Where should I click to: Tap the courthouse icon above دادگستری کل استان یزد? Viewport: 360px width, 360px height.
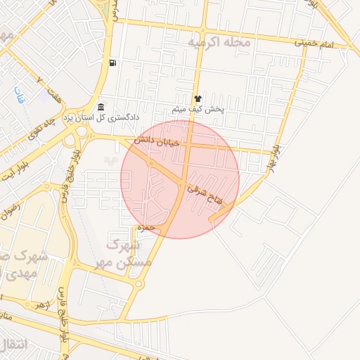(x=102, y=107)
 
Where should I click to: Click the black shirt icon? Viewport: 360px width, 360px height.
(x=198, y=100)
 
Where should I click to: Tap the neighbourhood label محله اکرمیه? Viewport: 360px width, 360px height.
(x=219, y=43)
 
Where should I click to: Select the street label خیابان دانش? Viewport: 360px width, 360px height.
(x=168, y=142)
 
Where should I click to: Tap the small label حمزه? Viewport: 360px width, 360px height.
(x=145, y=228)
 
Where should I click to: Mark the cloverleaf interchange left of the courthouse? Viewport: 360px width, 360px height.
(x=70, y=136)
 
